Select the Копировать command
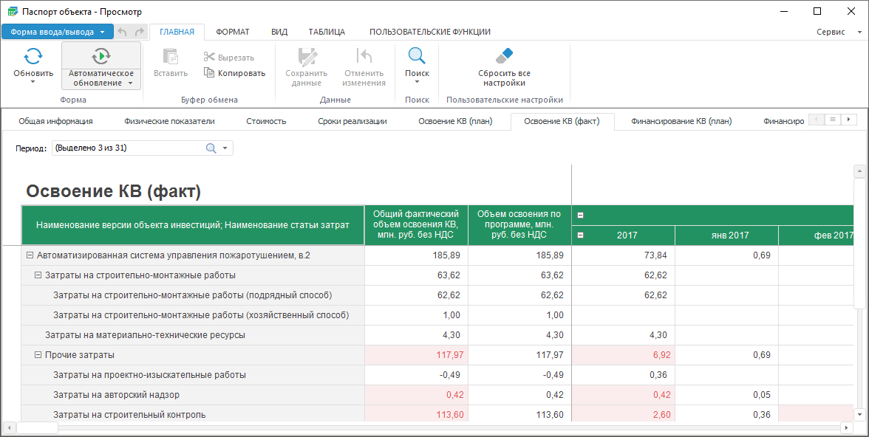[x=234, y=73]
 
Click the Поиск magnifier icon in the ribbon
[x=417, y=56]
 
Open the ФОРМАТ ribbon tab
[x=233, y=32]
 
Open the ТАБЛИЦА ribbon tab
[x=327, y=32]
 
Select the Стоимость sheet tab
[x=266, y=121]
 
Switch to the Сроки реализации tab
[x=352, y=121]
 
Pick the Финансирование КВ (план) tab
[x=681, y=121]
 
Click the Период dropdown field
[x=143, y=148]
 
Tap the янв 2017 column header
[x=726, y=235]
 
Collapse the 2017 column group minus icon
[x=581, y=235]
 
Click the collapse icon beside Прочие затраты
[x=38, y=355]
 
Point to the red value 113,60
[x=451, y=415]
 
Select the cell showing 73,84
[x=624, y=255]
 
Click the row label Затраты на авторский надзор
[x=117, y=395]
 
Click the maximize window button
[x=817, y=11]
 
